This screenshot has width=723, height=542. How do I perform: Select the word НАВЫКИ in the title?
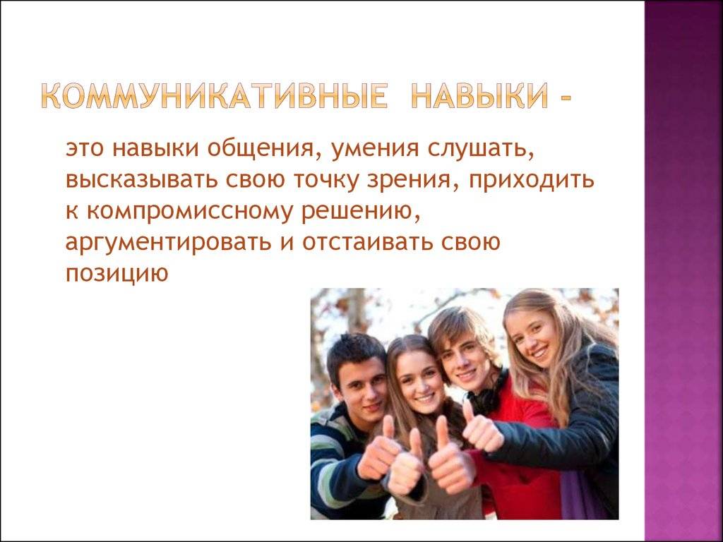(x=479, y=95)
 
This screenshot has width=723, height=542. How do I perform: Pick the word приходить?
(x=532, y=180)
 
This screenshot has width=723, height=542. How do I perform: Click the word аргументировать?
(x=168, y=243)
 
